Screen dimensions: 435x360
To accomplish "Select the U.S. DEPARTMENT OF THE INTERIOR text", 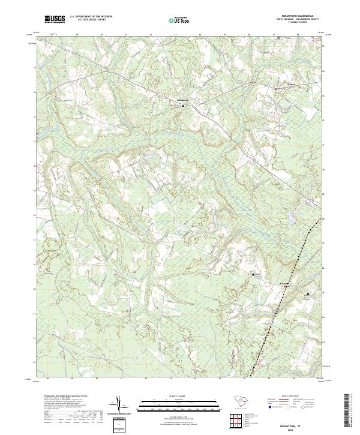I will click(87, 16).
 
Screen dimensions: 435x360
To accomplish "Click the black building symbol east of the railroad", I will click(308, 293).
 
